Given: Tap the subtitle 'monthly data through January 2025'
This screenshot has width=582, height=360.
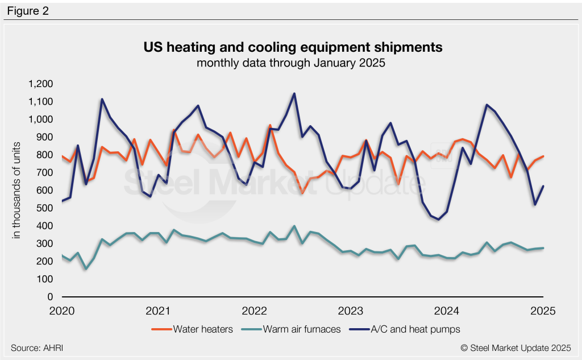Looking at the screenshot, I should pos(291,63).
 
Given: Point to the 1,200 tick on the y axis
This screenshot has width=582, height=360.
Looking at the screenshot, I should pos(40,84).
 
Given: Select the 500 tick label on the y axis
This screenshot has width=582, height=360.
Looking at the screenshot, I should pos(45,208).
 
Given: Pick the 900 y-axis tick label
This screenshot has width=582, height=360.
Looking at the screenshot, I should pos(45,137).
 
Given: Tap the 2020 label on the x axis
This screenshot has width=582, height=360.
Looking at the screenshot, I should pos(62,311).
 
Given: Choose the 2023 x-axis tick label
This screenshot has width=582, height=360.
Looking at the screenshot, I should pos(351,311).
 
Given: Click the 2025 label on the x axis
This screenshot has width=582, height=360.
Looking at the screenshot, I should pos(543,311).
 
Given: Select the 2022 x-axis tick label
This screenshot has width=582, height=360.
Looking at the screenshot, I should pos(255,311).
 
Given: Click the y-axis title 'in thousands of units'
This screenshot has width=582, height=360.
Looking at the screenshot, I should pos(18,191).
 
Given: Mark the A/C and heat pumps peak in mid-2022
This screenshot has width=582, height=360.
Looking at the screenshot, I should pos(294,93).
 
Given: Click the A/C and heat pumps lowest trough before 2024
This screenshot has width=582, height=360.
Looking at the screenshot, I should pos(438,220).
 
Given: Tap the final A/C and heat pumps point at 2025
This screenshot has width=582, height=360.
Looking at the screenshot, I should pos(543,186).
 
